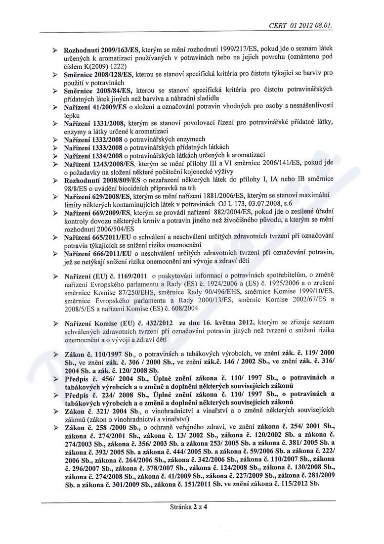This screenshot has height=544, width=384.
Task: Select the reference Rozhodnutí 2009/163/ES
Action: tap(102, 50)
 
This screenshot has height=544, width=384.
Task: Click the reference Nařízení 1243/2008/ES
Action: tap(100, 164)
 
